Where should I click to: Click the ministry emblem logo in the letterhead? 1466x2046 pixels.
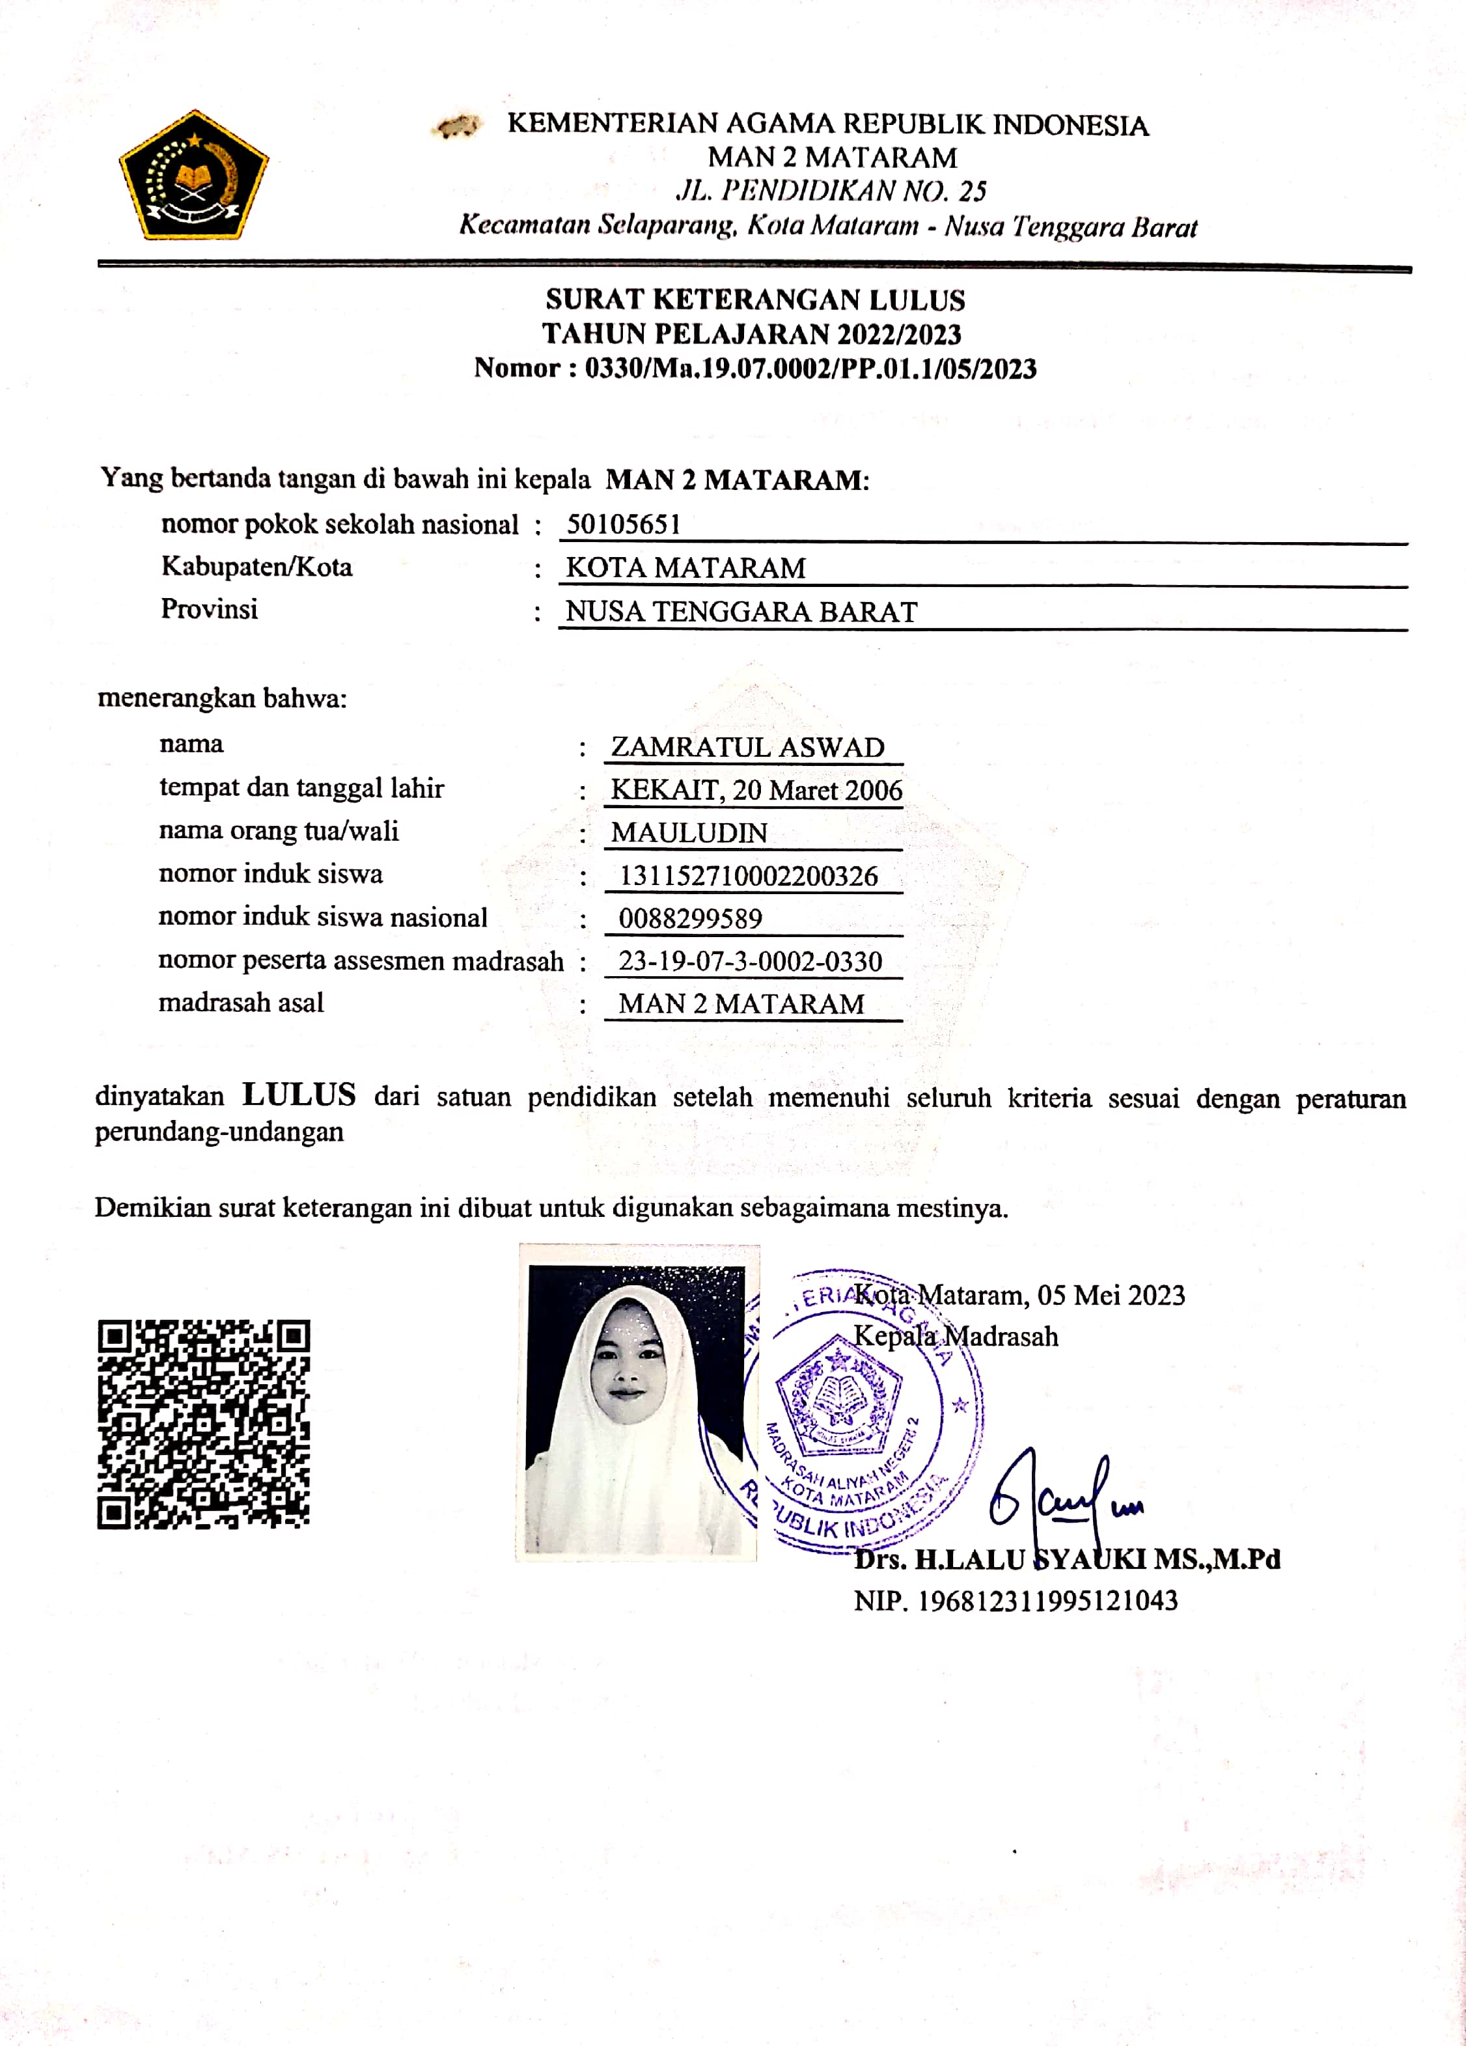click(x=194, y=176)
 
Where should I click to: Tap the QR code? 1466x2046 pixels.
click(x=203, y=1425)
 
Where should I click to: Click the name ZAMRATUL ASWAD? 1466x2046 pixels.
click(x=747, y=747)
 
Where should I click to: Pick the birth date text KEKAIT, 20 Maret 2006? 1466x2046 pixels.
click(x=756, y=790)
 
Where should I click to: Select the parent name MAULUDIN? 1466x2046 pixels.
click(x=689, y=833)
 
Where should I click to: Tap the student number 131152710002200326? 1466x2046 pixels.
click(x=748, y=876)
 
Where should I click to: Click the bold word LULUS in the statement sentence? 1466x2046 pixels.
click(x=299, y=1095)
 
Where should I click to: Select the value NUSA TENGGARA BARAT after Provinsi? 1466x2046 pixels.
click(x=741, y=612)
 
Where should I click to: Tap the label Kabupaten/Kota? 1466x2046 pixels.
click(x=256, y=567)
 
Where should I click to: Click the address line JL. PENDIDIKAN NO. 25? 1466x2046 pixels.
click(x=831, y=191)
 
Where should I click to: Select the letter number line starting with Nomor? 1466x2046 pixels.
click(x=755, y=368)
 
